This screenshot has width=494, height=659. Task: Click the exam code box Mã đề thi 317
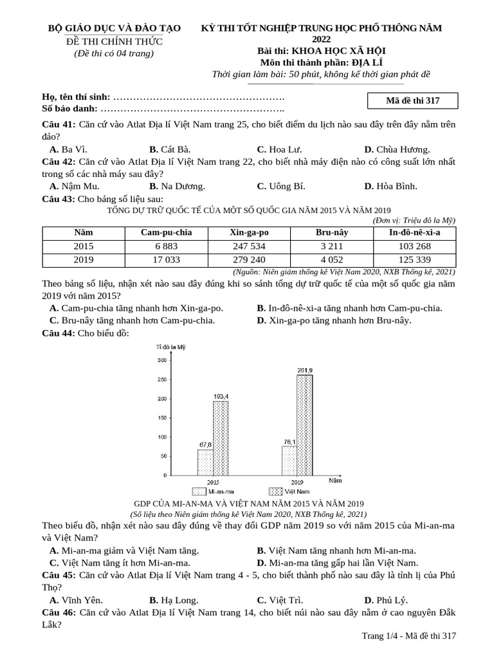(412, 101)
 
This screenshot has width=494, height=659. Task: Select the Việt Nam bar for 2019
(305, 425)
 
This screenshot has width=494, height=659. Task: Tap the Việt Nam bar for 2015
(221, 438)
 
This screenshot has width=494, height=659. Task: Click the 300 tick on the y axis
(160, 360)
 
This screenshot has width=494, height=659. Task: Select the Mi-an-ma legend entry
(206, 491)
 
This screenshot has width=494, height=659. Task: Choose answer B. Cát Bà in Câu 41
(170, 149)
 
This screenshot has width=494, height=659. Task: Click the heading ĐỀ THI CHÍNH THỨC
(115, 41)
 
